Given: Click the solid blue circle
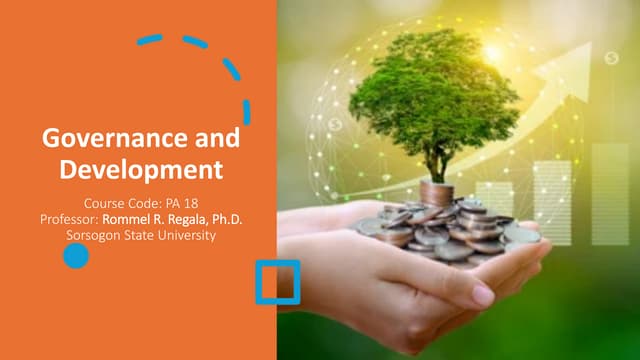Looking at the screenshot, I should tap(75, 256).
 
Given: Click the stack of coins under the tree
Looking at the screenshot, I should tap(436, 193).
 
